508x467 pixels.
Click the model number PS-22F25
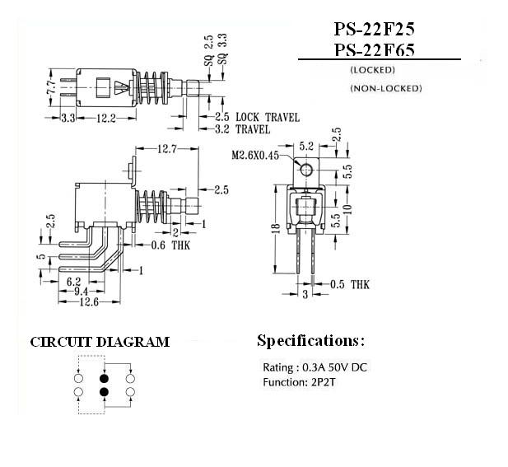(374, 29)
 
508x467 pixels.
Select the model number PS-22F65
(374, 50)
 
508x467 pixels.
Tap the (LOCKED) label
(373, 70)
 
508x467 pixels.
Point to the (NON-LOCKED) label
(386, 88)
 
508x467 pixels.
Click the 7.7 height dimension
(52, 87)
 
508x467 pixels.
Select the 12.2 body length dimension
(106, 119)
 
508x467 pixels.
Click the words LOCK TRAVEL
(268, 117)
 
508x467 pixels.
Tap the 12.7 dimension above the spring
(167, 149)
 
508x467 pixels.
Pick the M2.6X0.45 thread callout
(255, 156)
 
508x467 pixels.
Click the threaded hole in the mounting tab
(306, 170)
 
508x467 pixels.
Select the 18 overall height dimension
(276, 228)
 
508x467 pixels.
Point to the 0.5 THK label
(350, 284)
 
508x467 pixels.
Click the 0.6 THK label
(170, 245)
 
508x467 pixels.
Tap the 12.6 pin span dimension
(89, 302)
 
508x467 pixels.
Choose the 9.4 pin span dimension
(81, 292)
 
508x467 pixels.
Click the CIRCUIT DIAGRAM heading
(100, 342)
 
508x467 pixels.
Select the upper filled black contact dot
(104, 379)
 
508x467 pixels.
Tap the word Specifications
(308, 341)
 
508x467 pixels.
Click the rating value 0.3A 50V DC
(334, 367)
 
